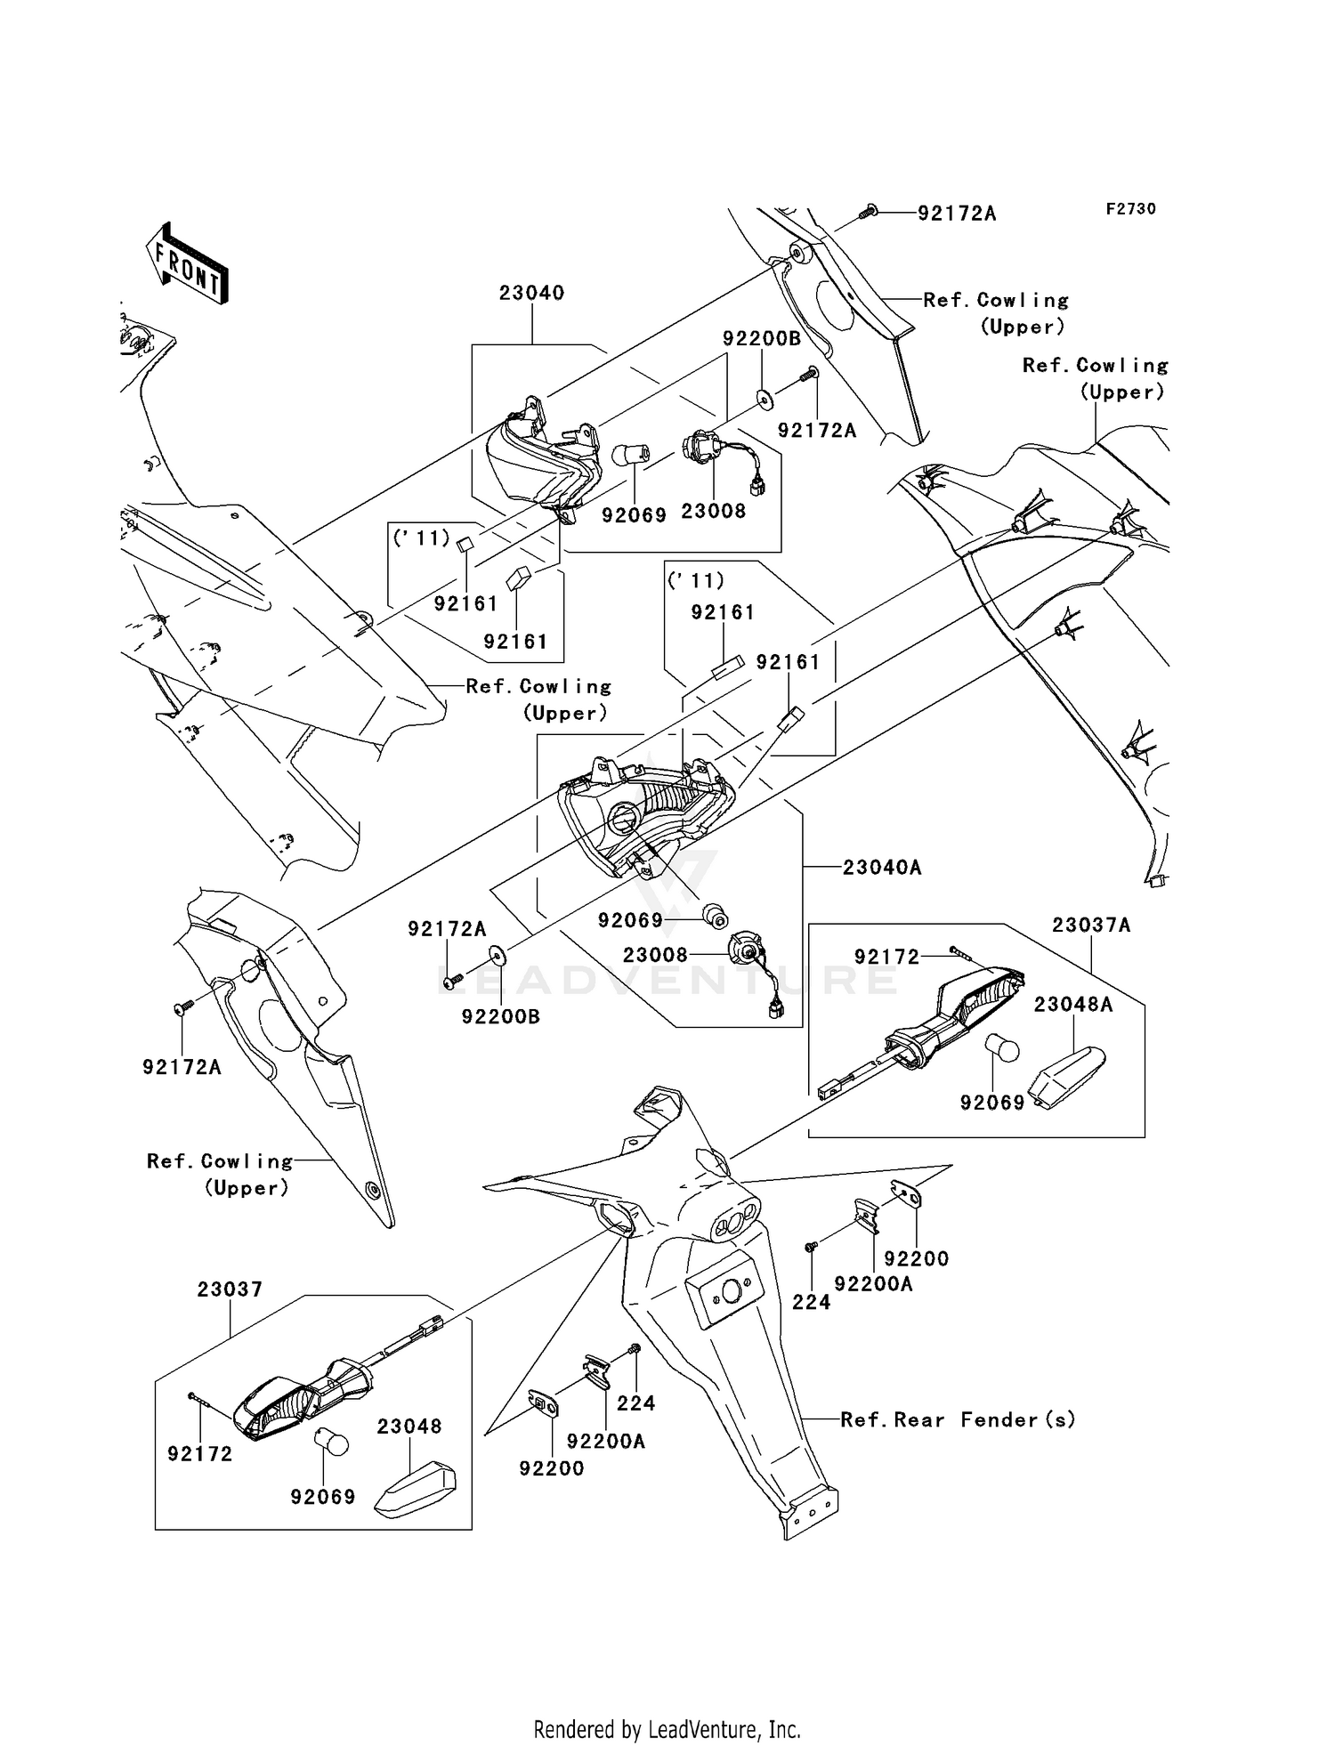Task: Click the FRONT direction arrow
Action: [x=188, y=264]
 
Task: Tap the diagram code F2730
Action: [x=1130, y=209]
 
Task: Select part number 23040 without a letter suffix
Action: [x=531, y=293]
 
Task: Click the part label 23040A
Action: [x=882, y=867]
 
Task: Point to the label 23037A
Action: [x=1091, y=926]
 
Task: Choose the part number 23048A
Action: [x=1073, y=1005]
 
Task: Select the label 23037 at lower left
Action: [x=230, y=1289]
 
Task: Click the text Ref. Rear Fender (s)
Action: [x=958, y=1419]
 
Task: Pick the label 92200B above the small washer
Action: [x=762, y=339]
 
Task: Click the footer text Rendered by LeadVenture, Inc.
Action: [x=667, y=1729]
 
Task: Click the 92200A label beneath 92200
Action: [x=873, y=1284]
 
